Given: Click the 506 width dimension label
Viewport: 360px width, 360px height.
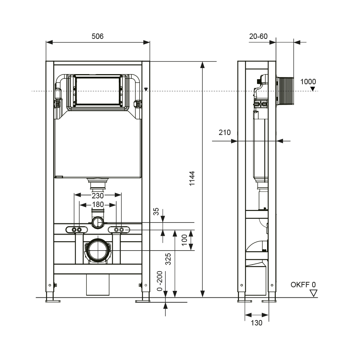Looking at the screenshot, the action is tap(98, 36).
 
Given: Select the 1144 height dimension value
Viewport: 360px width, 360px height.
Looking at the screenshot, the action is tap(192, 179).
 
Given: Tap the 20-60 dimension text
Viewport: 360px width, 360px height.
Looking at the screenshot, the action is tap(258, 36).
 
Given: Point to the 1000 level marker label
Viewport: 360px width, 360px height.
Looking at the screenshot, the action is tap(308, 81).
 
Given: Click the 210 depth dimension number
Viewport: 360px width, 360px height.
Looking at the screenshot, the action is tap(225, 132).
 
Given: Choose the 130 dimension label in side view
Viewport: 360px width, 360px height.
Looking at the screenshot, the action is tap(256, 323).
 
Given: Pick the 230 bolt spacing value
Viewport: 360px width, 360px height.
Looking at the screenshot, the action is tap(98, 195).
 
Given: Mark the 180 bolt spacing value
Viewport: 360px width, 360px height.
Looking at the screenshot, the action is tap(98, 204).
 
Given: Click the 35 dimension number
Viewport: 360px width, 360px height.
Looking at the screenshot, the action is tap(156, 211).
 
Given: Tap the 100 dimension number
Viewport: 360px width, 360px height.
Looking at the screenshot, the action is tap(185, 240).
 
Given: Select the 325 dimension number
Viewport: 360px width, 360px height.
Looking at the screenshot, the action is tap(168, 259).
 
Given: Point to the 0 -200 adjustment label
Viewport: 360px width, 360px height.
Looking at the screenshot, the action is tap(159, 281).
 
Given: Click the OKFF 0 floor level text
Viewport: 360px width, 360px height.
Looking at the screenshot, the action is tap(303, 285).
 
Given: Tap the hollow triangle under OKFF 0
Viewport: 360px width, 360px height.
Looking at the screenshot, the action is tap(314, 293).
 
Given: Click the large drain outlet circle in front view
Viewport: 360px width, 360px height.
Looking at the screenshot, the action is tap(98, 250).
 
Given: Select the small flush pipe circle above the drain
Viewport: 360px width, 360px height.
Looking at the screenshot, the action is tap(98, 222).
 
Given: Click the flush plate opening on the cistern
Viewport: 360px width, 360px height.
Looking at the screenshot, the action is tap(98, 91).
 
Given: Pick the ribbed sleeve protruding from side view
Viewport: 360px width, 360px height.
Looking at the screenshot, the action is tap(285, 91).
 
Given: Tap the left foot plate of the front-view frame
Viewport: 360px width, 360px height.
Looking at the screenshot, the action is tap(53, 301).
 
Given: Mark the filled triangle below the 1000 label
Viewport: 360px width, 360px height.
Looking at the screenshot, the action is tap(313, 89).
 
